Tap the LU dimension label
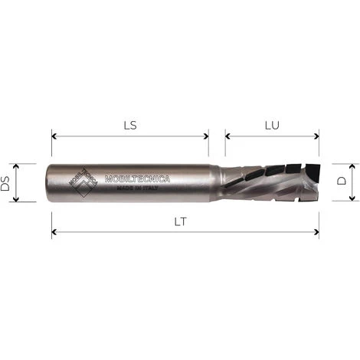[x=272, y=124]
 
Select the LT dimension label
[x=182, y=222]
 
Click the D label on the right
[x=342, y=182]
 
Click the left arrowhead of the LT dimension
[x=54, y=232]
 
